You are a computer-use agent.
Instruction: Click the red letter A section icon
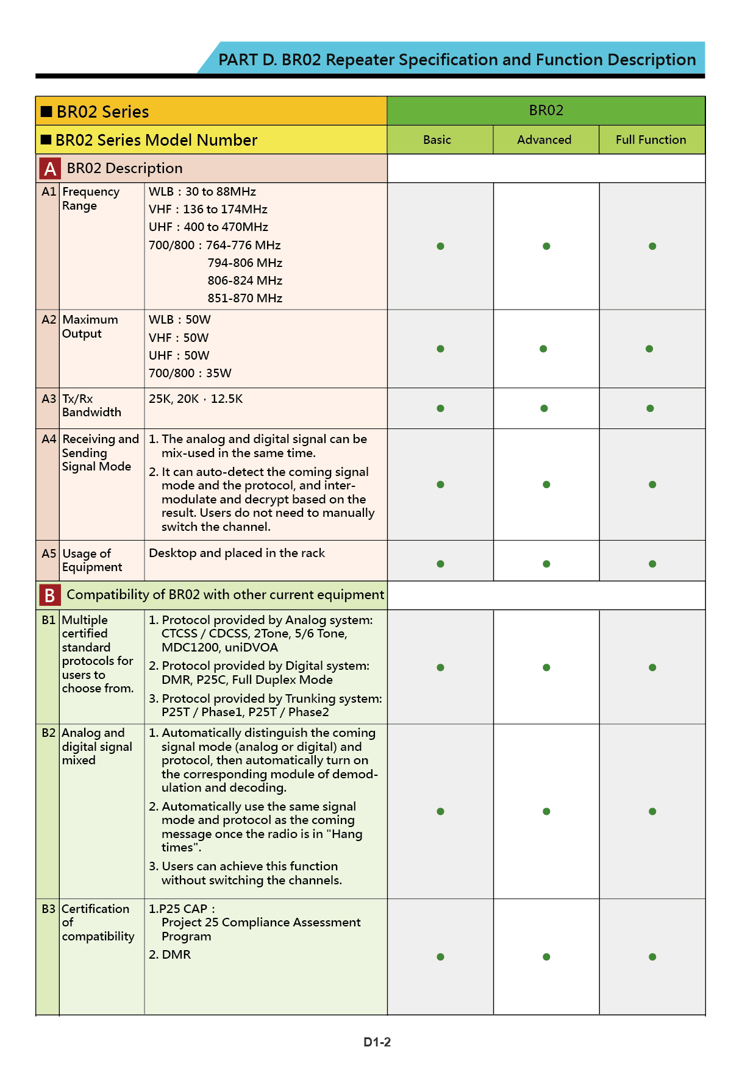tap(50, 169)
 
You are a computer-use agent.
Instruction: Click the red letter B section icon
tap(50, 595)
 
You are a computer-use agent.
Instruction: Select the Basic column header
tap(437, 140)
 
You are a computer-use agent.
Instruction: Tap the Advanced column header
tap(544, 140)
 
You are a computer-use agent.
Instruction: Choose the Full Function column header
tap(651, 140)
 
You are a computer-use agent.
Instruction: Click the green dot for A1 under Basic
tap(440, 246)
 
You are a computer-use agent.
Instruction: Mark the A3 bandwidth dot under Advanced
tap(544, 408)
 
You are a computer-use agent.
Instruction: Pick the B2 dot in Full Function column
tap(652, 811)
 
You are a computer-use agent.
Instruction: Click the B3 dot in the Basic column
tap(440, 957)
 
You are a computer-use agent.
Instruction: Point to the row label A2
tap(49, 320)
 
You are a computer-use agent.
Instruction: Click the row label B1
tap(49, 620)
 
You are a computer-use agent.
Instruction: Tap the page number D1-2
tap(377, 1042)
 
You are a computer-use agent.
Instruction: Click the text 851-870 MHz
tap(244, 298)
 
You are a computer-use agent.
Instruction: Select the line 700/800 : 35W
tap(190, 373)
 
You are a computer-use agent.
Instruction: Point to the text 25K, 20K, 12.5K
tap(196, 399)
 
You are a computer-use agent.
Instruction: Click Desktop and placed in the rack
tap(237, 553)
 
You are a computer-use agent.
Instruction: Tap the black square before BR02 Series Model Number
tap(46, 140)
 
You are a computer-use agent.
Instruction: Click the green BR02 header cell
tap(546, 110)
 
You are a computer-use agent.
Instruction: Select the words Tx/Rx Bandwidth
tap(91, 405)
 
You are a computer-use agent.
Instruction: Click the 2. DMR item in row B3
tap(170, 954)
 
